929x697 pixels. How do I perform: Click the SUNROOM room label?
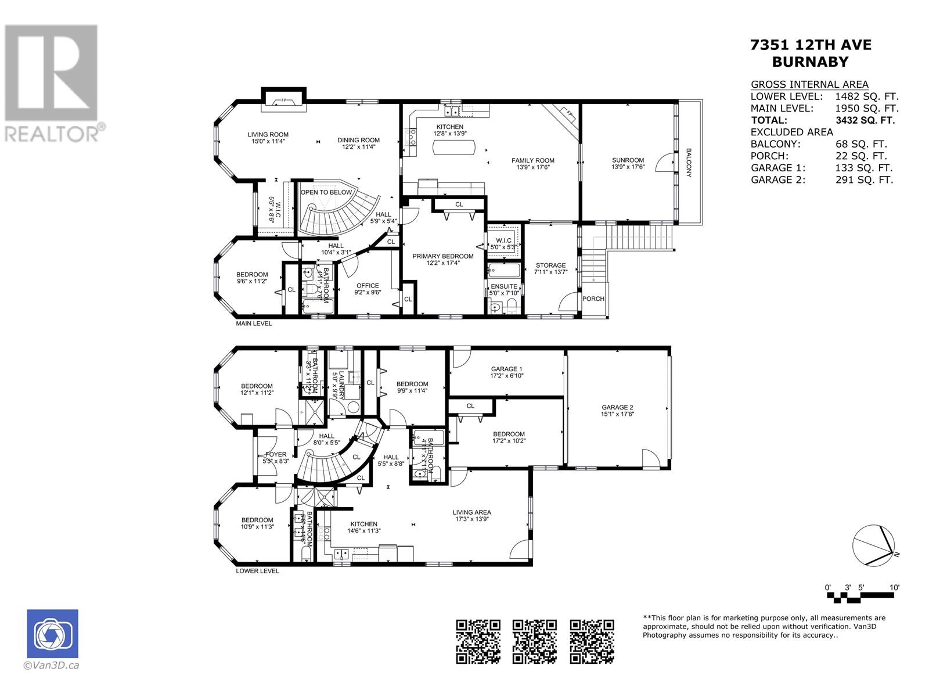click(628, 160)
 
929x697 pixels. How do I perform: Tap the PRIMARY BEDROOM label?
click(442, 256)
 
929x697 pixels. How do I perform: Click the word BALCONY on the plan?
click(689, 163)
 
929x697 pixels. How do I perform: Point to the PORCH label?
click(593, 299)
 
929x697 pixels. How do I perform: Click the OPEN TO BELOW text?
click(326, 192)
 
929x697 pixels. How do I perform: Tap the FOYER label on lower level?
click(276, 455)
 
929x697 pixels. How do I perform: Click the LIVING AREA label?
click(472, 512)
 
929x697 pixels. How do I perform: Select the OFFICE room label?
click(368, 286)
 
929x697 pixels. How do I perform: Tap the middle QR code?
click(535, 641)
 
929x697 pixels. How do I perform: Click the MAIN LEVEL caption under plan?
click(253, 324)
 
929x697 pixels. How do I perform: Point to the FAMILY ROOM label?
click(532, 160)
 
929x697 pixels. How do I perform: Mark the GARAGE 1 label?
click(506, 369)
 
